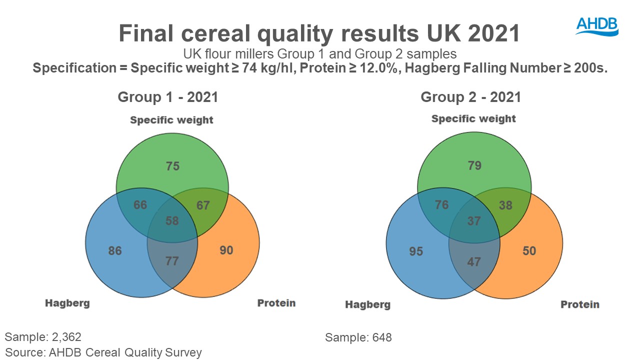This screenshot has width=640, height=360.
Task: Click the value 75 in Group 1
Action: click(172, 166)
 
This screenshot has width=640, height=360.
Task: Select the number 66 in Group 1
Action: click(140, 205)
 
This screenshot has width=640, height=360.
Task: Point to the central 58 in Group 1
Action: click(172, 220)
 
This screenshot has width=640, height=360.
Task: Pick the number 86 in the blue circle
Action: click(115, 250)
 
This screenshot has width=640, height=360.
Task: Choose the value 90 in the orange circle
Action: click(226, 249)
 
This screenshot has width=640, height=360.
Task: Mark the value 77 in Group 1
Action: click(172, 261)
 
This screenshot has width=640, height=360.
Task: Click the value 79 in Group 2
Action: click(474, 165)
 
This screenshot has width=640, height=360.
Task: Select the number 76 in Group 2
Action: click(442, 204)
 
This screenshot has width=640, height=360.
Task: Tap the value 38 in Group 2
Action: click(505, 205)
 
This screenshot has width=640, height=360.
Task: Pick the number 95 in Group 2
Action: click(416, 250)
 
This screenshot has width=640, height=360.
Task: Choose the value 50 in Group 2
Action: click(529, 250)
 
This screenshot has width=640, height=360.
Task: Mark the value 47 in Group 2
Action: click(473, 261)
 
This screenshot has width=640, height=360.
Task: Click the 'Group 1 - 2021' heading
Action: click(168, 96)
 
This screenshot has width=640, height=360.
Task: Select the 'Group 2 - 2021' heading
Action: click(471, 96)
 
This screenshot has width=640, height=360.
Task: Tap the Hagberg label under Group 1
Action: click(67, 303)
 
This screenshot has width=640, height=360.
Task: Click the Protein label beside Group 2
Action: click(579, 304)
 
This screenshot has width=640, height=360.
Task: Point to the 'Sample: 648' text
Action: click(358, 337)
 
